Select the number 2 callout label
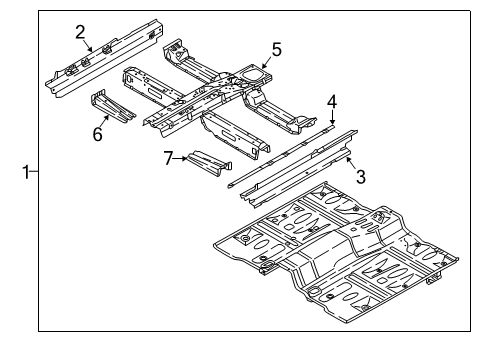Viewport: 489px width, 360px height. pyautogui.click(x=79, y=31)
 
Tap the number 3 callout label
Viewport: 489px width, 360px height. pyautogui.click(x=360, y=176)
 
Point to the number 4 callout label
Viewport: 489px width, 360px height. pyautogui.click(x=331, y=101)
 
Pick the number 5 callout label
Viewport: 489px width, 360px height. pyautogui.click(x=277, y=48)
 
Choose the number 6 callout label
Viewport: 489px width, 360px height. pyautogui.click(x=98, y=134)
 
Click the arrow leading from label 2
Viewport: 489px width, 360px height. pyautogui.click(x=88, y=45)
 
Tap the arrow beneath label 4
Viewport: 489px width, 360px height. pyautogui.click(x=331, y=118)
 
